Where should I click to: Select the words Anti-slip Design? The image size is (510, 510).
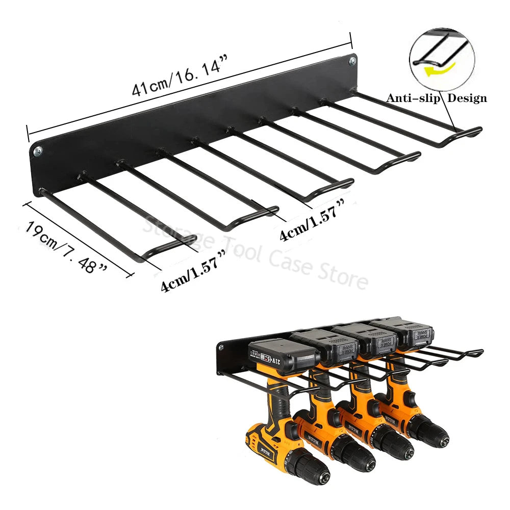(436, 98)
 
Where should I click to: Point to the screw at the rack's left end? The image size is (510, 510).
(38, 151)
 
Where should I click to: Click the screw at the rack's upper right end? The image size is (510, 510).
(352, 61)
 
